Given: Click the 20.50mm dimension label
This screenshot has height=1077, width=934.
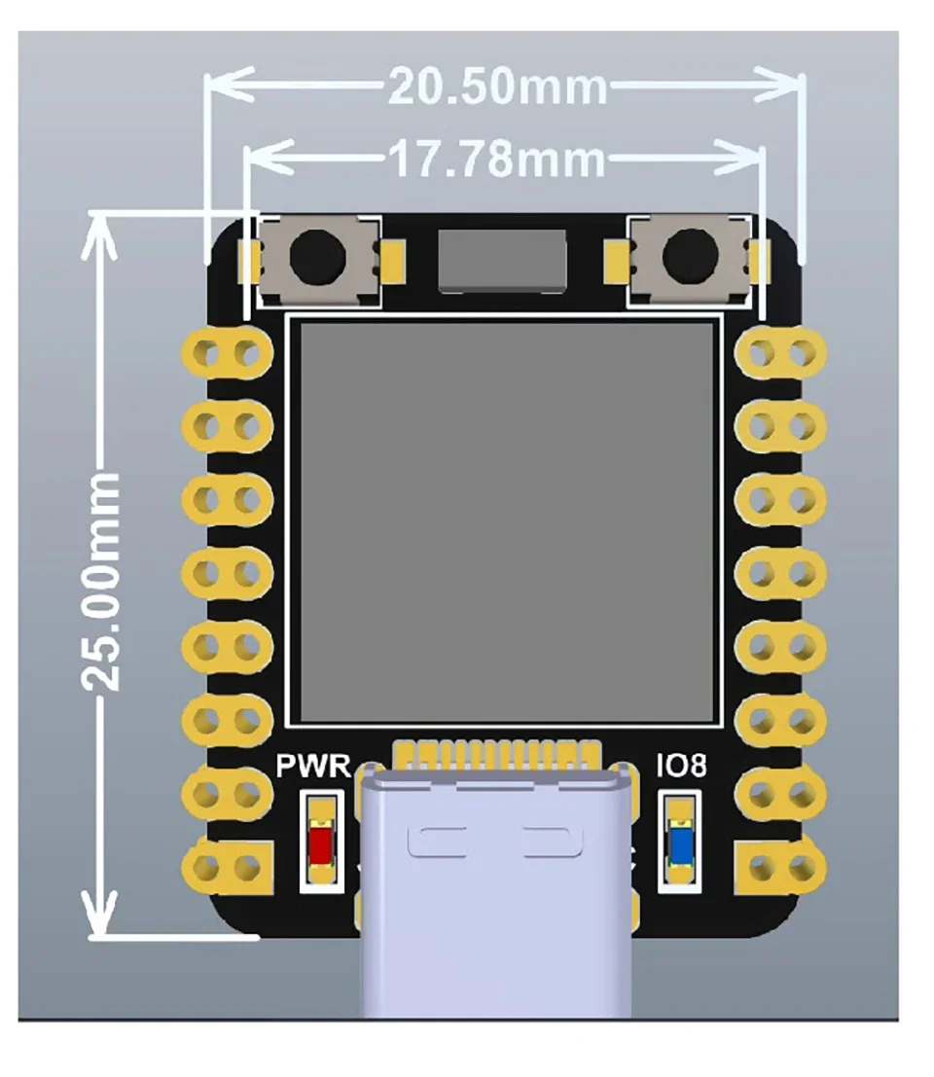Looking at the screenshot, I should click(x=497, y=88).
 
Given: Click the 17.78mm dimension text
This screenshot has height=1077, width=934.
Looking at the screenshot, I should click(x=497, y=159).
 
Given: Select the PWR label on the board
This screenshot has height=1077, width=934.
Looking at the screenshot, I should click(x=313, y=767).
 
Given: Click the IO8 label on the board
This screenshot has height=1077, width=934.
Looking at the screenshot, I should click(x=680, y=767).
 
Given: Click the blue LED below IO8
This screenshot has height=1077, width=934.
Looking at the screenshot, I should click(x=682, y=842).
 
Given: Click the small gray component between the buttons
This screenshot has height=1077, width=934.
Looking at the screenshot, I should click(x=501, y=260).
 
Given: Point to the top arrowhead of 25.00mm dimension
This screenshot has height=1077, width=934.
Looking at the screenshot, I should click(x=97, y=232).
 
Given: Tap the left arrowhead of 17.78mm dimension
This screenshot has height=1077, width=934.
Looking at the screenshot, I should click(x=259, y=159).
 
